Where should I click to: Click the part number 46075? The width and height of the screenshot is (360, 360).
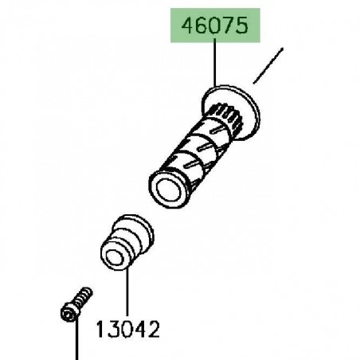215,25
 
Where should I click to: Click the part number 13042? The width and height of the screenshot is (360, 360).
127,330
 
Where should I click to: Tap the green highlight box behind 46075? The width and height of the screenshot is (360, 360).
215,25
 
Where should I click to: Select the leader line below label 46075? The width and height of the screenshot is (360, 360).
214,63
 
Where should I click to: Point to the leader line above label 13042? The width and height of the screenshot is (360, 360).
127,292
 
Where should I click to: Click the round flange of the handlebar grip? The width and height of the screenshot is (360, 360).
230,112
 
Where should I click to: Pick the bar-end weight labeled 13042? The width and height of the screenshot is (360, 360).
127,242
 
